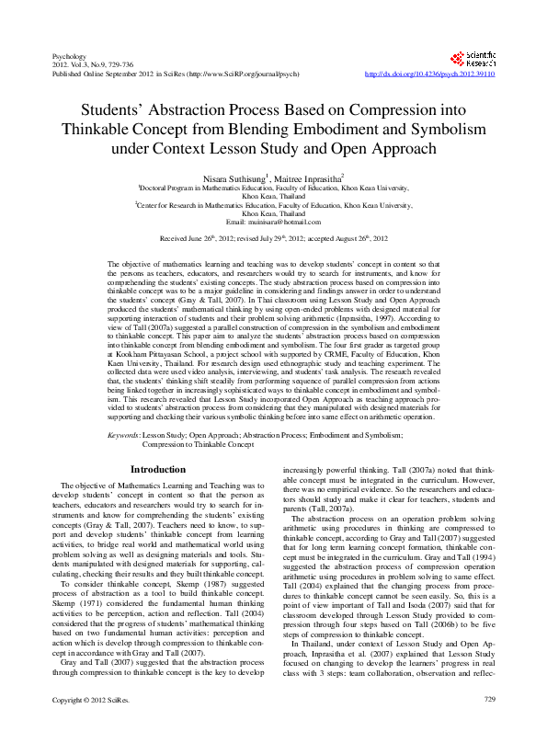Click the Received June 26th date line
tap(273, 238)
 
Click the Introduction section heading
tap(158, 469)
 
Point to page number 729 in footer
tap(489, 726)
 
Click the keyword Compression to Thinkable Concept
tap(198, 443)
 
